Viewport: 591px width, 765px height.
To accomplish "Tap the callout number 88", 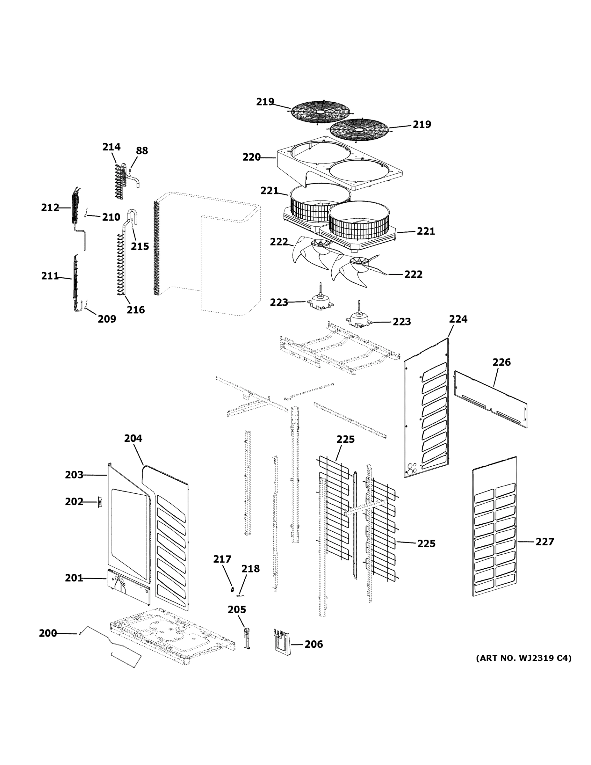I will (x=142, y=151).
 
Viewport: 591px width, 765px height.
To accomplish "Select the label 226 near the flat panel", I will (x=501, y=362).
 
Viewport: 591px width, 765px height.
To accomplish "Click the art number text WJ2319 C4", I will (x=523, y=658).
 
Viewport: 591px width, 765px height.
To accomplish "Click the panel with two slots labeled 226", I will (x=490, y=399).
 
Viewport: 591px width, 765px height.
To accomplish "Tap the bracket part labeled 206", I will (x=282, y=642).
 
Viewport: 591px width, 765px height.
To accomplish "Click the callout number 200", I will (x=47, y=633).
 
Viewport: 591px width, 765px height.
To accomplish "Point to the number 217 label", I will (x=222, y=559).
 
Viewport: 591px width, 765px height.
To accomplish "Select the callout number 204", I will (x=133, y=439).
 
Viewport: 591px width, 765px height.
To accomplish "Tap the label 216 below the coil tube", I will (x=135, y=310).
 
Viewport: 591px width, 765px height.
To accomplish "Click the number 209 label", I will (x=107, y=319).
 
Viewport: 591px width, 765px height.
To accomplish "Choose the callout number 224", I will (x=458, y=319).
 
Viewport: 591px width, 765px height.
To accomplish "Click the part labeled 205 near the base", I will (x=247, y=639).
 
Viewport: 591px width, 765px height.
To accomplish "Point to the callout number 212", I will (x=50, y=208).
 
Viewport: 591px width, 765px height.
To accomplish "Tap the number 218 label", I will (x=250, y=569).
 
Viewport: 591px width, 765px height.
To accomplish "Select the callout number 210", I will (x=111, y=217).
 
